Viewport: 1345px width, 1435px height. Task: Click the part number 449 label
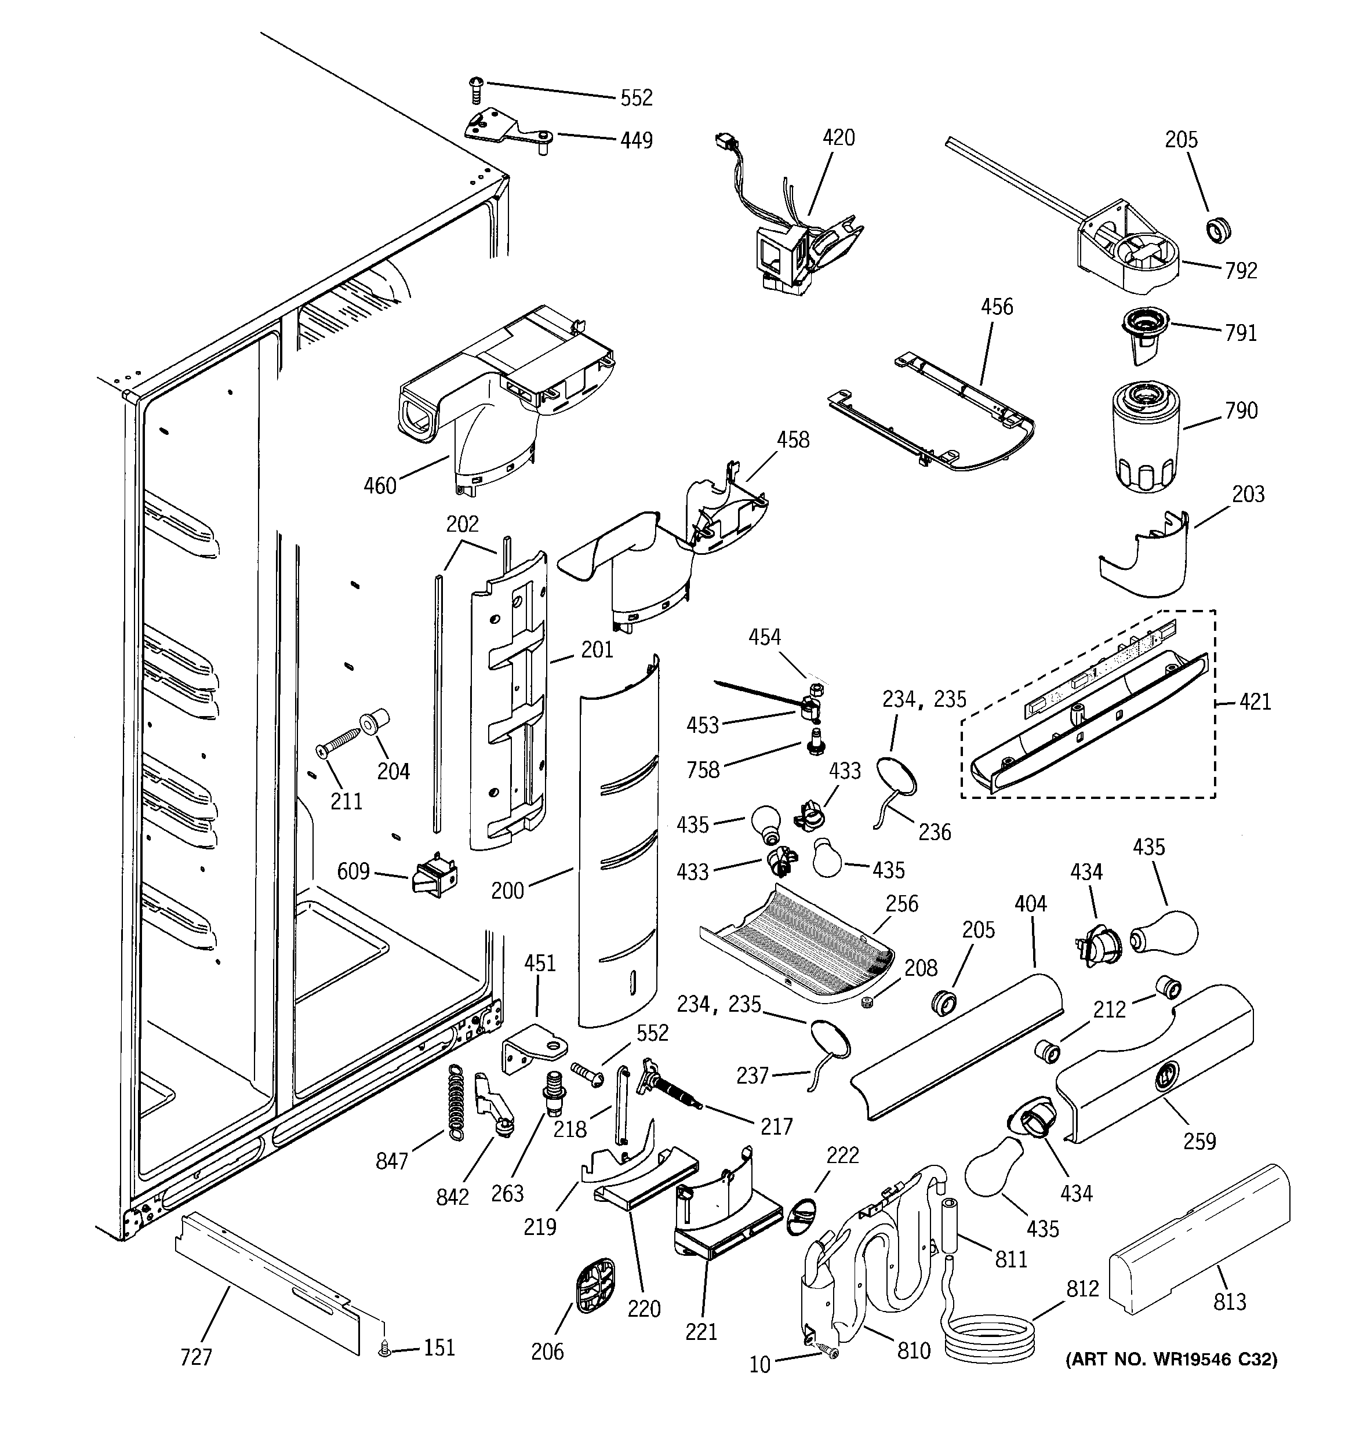(636, 140)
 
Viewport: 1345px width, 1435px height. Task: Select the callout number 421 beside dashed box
(1255, 702)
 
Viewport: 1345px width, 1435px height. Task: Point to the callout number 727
(195, 1358)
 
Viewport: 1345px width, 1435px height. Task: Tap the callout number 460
(380, 486)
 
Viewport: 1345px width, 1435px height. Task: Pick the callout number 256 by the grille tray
(901, 904)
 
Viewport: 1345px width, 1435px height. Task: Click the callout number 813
(1230, 1302)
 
